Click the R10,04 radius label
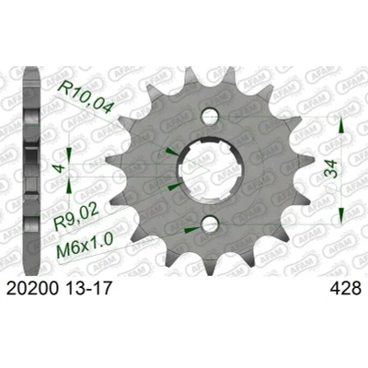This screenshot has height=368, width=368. [x=86, y=98]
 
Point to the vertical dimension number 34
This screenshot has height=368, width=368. [x=331, y=169]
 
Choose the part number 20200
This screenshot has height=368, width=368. [x=32, y=289]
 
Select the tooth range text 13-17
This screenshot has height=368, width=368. [x=87, y=289]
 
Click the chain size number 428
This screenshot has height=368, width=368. [x=345, y=289]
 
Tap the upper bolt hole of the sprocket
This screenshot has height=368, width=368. [x=211, y=116]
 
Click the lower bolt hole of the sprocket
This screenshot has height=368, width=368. [x=210, y=224]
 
